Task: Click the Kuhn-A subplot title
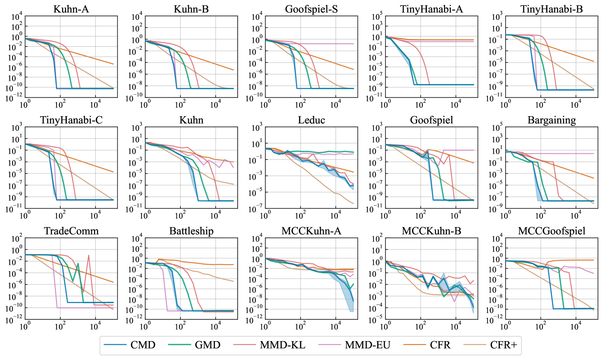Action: (71, 9)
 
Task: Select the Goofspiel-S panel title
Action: (311, 9)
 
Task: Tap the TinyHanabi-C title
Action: (71, 120)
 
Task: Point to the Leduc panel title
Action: (311, 120)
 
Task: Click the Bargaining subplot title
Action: (551, 120)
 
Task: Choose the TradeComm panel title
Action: (71, 231)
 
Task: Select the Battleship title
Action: (191, 231)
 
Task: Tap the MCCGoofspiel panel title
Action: (551, 231)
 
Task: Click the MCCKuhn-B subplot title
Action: (431, 231)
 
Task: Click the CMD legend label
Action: (143, 345)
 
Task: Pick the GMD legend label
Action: (207, 345)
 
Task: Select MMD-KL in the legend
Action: (282, 345)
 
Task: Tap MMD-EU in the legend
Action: (367, 345)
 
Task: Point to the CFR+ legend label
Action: (503, 345)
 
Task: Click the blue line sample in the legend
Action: (115, 345)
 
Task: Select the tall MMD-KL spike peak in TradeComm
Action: (89, 255)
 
